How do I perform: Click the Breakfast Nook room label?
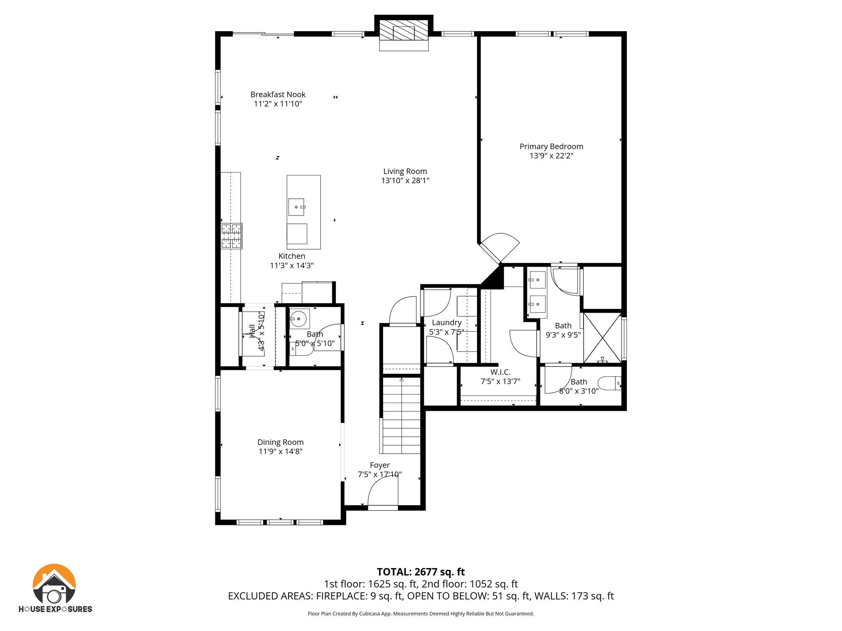278,94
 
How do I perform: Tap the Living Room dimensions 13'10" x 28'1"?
405,181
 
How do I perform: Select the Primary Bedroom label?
551,147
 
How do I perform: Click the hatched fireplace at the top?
403,30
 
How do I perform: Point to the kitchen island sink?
296,207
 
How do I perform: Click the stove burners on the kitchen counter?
231,236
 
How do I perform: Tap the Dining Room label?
280,442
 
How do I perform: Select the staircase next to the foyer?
401,415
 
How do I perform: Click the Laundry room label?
446,323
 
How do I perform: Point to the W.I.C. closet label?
500,372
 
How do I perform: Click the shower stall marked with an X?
602,338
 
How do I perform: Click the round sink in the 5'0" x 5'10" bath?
299,319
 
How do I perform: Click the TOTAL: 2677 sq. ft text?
421,572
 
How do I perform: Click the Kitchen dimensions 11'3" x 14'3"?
291,266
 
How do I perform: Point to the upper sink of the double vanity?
537,280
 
